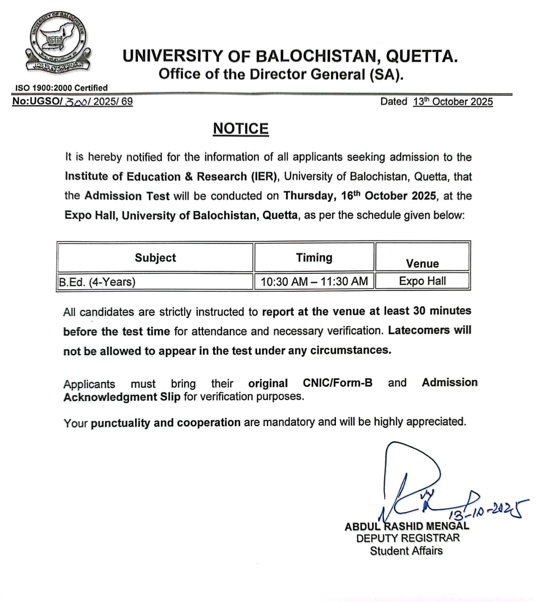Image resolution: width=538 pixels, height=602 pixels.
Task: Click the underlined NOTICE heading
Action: pyautogui.click(x=241, y=129)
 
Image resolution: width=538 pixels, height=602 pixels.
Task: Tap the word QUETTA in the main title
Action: pyautogui.click(x=421, y=56)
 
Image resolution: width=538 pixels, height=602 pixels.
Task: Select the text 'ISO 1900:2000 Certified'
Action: pyautogui.click(x=61, y=88)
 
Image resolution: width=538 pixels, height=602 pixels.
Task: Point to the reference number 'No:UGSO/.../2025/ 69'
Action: pyautogui.click(x=72, y=102)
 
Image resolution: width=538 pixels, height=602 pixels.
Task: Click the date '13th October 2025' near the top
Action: pyautogui.click(x=453, y=102)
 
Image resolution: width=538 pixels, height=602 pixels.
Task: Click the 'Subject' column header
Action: pyautogui.click(x=155, y=258)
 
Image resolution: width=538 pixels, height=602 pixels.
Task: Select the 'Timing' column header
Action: pyautogui.click(x=314, y=258)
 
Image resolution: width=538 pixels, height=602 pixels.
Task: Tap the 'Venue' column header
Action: pyautogui.click(x=422, y=263)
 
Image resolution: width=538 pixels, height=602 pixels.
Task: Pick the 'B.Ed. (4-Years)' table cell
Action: pyautogui.click(x=97, y=282)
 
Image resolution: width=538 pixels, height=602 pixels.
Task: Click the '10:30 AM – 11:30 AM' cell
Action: pyautogui.click(x=314, y=282)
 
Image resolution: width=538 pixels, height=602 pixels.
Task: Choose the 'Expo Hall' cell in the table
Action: pyautogui.click(x=422, y=281)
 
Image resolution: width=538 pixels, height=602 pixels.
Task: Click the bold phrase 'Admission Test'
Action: pyautogui.click(x=127, y=196)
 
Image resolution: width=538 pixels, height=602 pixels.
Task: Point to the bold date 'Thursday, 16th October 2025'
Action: pyautogui.click(x=360, y=196)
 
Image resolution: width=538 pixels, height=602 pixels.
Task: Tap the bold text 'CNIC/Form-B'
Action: pyautogui.click(x=337, y=383)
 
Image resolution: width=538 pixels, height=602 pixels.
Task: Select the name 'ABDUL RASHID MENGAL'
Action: pyautogui.click(x=407, y=526)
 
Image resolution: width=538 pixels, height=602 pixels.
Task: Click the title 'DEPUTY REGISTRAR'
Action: pyautogui.click(x=407, y=539)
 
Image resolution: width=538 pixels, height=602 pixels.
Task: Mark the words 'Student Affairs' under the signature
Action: pyautogui.click(x=406, y=551)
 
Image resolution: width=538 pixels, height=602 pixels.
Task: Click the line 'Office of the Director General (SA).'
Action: pyautogui.click(x=281, y=74)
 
